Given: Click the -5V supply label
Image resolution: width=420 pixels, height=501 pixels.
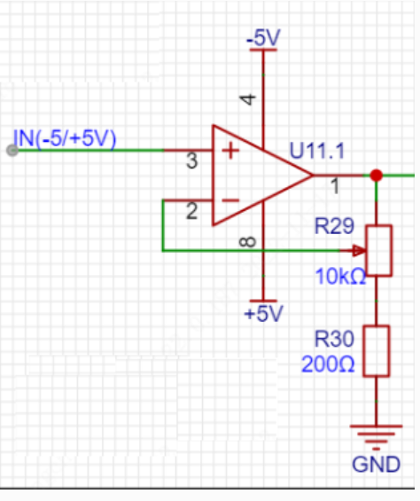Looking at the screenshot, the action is tap(263, 37).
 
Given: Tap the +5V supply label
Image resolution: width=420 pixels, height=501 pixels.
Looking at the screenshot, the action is tap(263, 313).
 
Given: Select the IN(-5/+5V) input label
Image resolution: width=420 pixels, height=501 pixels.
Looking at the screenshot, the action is tap(65, 139).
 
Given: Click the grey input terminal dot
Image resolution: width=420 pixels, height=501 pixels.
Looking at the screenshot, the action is tap(12, 150).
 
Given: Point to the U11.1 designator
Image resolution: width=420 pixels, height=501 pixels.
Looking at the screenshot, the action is tap(317, 151).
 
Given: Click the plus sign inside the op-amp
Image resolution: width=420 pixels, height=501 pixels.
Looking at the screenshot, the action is tap(230, 151).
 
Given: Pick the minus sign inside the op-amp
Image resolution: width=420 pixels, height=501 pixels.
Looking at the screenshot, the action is tap(230, 200).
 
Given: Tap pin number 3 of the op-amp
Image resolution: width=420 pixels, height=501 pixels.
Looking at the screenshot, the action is tap(191, 160).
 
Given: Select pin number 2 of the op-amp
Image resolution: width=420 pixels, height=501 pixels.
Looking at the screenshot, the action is tap(191, 211).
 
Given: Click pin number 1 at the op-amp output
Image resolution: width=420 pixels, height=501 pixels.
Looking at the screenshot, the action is tap(335, 186).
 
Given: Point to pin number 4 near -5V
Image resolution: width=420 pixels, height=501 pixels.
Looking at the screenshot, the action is tap(248, 99).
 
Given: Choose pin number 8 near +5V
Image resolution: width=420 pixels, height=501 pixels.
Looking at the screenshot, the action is tap(248, 242).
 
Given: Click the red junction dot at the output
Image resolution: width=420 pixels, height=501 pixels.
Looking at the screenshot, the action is tap(377, 176).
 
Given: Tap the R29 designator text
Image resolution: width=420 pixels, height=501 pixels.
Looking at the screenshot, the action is tap(334, 226).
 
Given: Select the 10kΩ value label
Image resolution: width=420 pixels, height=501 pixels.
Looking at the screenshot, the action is tap(340, 277).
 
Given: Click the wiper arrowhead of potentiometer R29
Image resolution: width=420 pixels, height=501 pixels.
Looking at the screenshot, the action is tap(360, 251).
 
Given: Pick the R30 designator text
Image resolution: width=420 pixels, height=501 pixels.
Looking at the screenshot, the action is tap(334, 339).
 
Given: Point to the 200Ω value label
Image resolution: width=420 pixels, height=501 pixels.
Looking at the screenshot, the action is tap(328, 364).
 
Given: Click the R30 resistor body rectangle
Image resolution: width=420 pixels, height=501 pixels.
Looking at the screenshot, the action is tap(377, 351).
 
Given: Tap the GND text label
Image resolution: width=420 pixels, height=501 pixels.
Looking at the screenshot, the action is tap(376, 465).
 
